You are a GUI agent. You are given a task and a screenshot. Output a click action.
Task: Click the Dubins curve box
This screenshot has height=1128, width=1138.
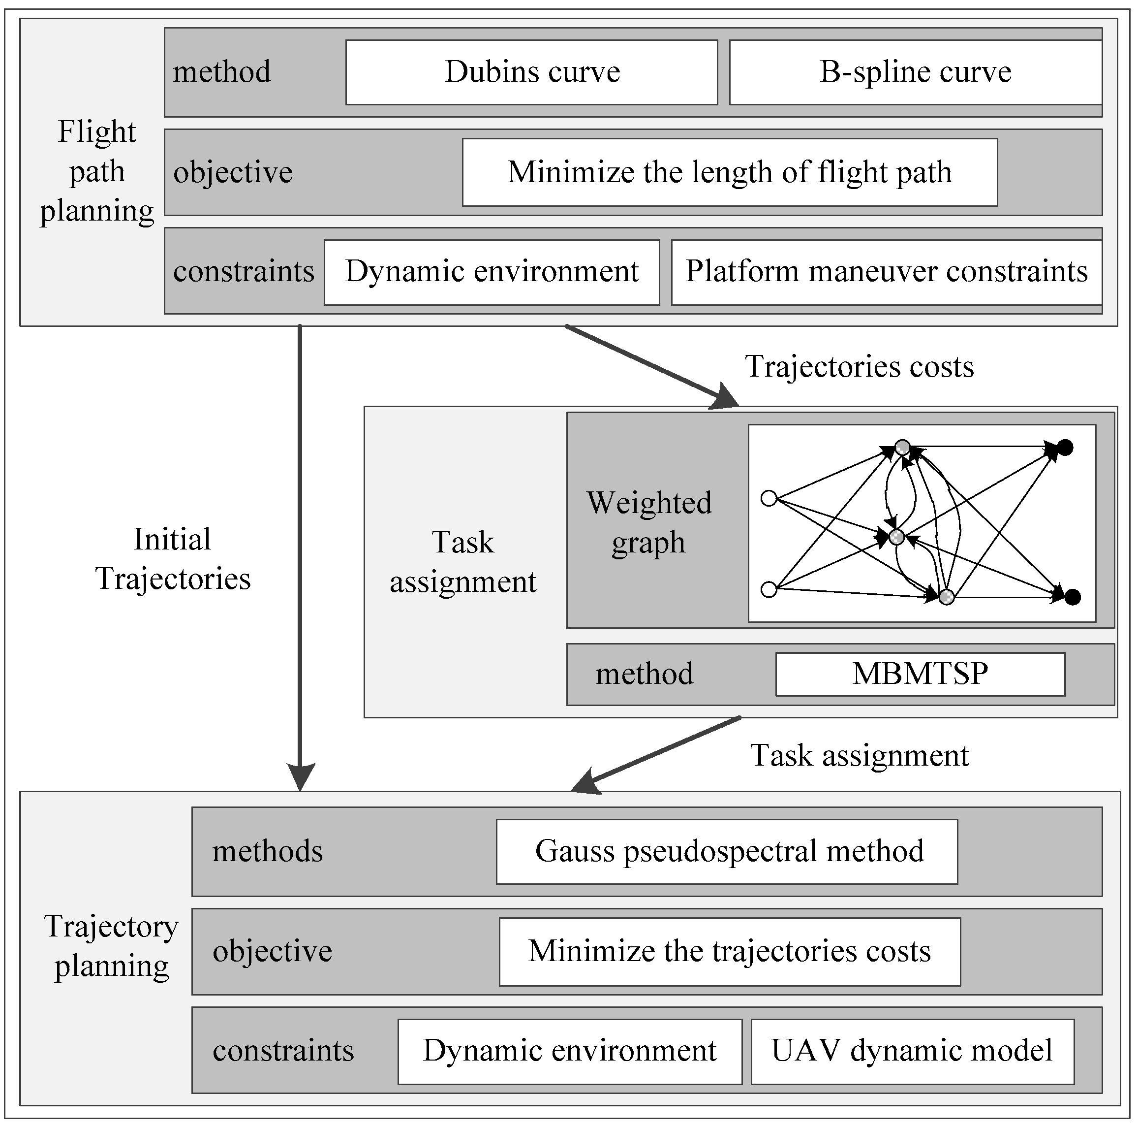(531, 72)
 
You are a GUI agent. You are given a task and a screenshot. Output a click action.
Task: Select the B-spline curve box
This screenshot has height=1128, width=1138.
(915, 72)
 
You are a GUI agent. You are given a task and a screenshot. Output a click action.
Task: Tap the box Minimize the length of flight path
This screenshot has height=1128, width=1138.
(729, 172)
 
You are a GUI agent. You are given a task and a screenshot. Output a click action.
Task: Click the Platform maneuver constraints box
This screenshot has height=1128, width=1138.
(886, 272)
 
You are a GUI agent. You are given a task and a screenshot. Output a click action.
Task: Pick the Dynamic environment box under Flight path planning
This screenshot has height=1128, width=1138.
(491, 272)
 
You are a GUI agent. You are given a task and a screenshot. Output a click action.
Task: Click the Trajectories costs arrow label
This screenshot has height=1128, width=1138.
(860, 367)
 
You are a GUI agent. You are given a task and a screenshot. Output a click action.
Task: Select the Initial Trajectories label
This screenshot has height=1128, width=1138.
(173, 559)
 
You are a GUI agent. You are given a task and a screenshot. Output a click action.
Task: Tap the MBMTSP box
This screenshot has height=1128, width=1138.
(920, 674)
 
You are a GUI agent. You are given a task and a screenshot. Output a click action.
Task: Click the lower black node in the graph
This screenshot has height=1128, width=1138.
(1073, 597)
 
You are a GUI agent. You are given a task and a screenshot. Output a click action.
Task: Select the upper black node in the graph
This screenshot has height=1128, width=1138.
(1065, 447)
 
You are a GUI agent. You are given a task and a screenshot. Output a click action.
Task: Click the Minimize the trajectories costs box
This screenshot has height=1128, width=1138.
(729, 951)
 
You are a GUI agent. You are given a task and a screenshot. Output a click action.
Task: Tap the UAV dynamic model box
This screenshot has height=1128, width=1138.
(912, 1051)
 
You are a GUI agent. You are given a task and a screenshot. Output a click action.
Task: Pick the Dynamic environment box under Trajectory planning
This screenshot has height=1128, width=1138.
(570, 1051)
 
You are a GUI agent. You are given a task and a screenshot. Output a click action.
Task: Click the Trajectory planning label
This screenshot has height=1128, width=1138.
(111, 946)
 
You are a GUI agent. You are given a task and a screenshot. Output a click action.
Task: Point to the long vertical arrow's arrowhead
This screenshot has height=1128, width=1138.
(301, 777)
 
